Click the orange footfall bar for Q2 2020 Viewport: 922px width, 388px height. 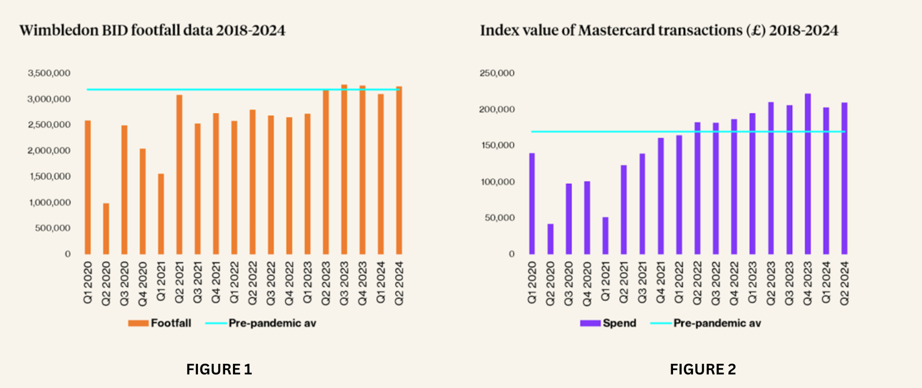pos(106,229)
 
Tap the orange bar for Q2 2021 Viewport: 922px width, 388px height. pos(179,175)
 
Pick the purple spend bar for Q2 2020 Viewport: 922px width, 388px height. pos(550,239)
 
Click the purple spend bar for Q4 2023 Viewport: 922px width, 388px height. pos(807,174)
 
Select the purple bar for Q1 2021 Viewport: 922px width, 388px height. pos(605,236)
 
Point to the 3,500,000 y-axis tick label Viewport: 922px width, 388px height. pos(49,73)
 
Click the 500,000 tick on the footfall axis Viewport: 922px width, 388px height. pos(52,228)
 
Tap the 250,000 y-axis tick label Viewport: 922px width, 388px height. pos(497,73)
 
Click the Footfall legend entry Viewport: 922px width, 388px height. pos(170,323)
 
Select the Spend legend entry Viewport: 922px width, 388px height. pos(619,323)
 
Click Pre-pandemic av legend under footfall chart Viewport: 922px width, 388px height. pos(272,323)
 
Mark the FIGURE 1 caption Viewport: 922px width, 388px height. pos(219,370)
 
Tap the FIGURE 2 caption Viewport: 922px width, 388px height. pos(703,370)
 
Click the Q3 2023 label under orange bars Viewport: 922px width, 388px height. pos(344,283)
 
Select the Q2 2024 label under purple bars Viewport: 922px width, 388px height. pos(844,283)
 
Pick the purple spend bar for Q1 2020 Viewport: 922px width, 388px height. pos(532,204)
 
